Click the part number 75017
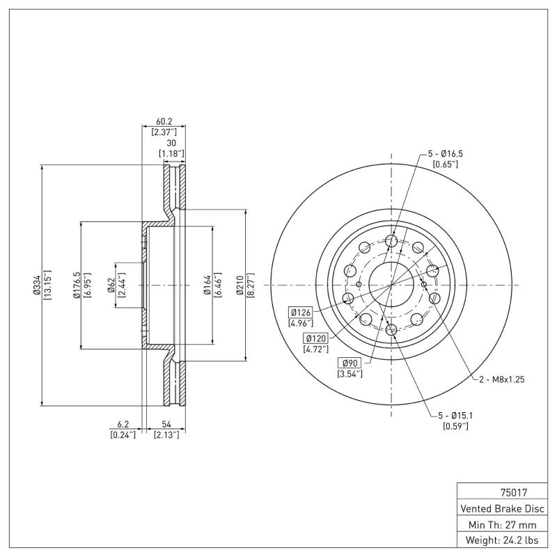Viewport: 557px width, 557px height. click(504, 491)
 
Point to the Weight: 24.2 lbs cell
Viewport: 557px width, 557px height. click(504, 540)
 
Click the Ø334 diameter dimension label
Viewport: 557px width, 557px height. click(37, 286)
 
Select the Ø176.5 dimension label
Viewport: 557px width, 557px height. click(77, 286)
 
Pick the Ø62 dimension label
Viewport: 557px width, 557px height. click(111, 286)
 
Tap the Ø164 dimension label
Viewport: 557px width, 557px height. click(207, 286)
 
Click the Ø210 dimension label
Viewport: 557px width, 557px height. click(241, 286)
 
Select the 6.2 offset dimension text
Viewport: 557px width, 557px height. click(123, 424)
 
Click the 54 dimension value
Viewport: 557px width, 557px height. click(166, 424)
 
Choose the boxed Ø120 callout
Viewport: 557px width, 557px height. click(315, 338)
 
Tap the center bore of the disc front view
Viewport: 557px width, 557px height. click(391, 285)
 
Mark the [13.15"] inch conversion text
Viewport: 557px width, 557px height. click(47, 286)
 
